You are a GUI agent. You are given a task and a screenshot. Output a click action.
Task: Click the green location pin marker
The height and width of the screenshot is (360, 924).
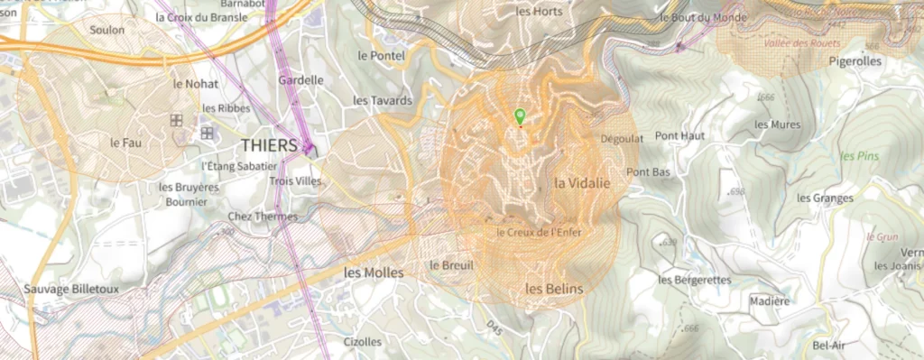click(519, 116)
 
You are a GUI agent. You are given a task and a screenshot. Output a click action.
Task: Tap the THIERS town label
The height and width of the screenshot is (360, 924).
click(269, 145)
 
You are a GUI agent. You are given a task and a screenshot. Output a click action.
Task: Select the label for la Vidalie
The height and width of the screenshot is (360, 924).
click(582, 182)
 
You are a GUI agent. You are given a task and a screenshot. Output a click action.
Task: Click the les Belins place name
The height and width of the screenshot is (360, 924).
click(554, 289)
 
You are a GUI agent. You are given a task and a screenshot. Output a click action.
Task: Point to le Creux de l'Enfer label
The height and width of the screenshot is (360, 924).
click(540, 233)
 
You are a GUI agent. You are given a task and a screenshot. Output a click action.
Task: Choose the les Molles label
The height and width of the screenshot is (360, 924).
click(374, 272)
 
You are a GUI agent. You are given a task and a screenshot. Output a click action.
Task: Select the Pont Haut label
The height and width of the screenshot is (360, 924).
click(680, 135)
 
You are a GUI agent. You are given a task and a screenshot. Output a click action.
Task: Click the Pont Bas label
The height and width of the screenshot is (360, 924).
click(648, 171)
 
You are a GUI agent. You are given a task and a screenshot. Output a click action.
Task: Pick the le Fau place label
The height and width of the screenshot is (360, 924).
click(127, 143)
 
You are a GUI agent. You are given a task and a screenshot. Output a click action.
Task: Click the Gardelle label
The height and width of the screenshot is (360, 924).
click(300, 79)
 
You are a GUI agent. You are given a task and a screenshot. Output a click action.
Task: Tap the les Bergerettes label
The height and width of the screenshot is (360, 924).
click(694, 280)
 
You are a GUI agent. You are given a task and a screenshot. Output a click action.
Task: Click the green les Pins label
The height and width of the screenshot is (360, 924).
click(859, 155)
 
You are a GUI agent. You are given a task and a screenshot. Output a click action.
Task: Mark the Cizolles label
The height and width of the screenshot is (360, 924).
click(363, 342)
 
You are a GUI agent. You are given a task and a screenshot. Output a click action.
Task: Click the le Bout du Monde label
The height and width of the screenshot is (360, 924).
click(703, 16)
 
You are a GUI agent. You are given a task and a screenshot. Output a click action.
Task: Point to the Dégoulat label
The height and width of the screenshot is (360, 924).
click(621, 139)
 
